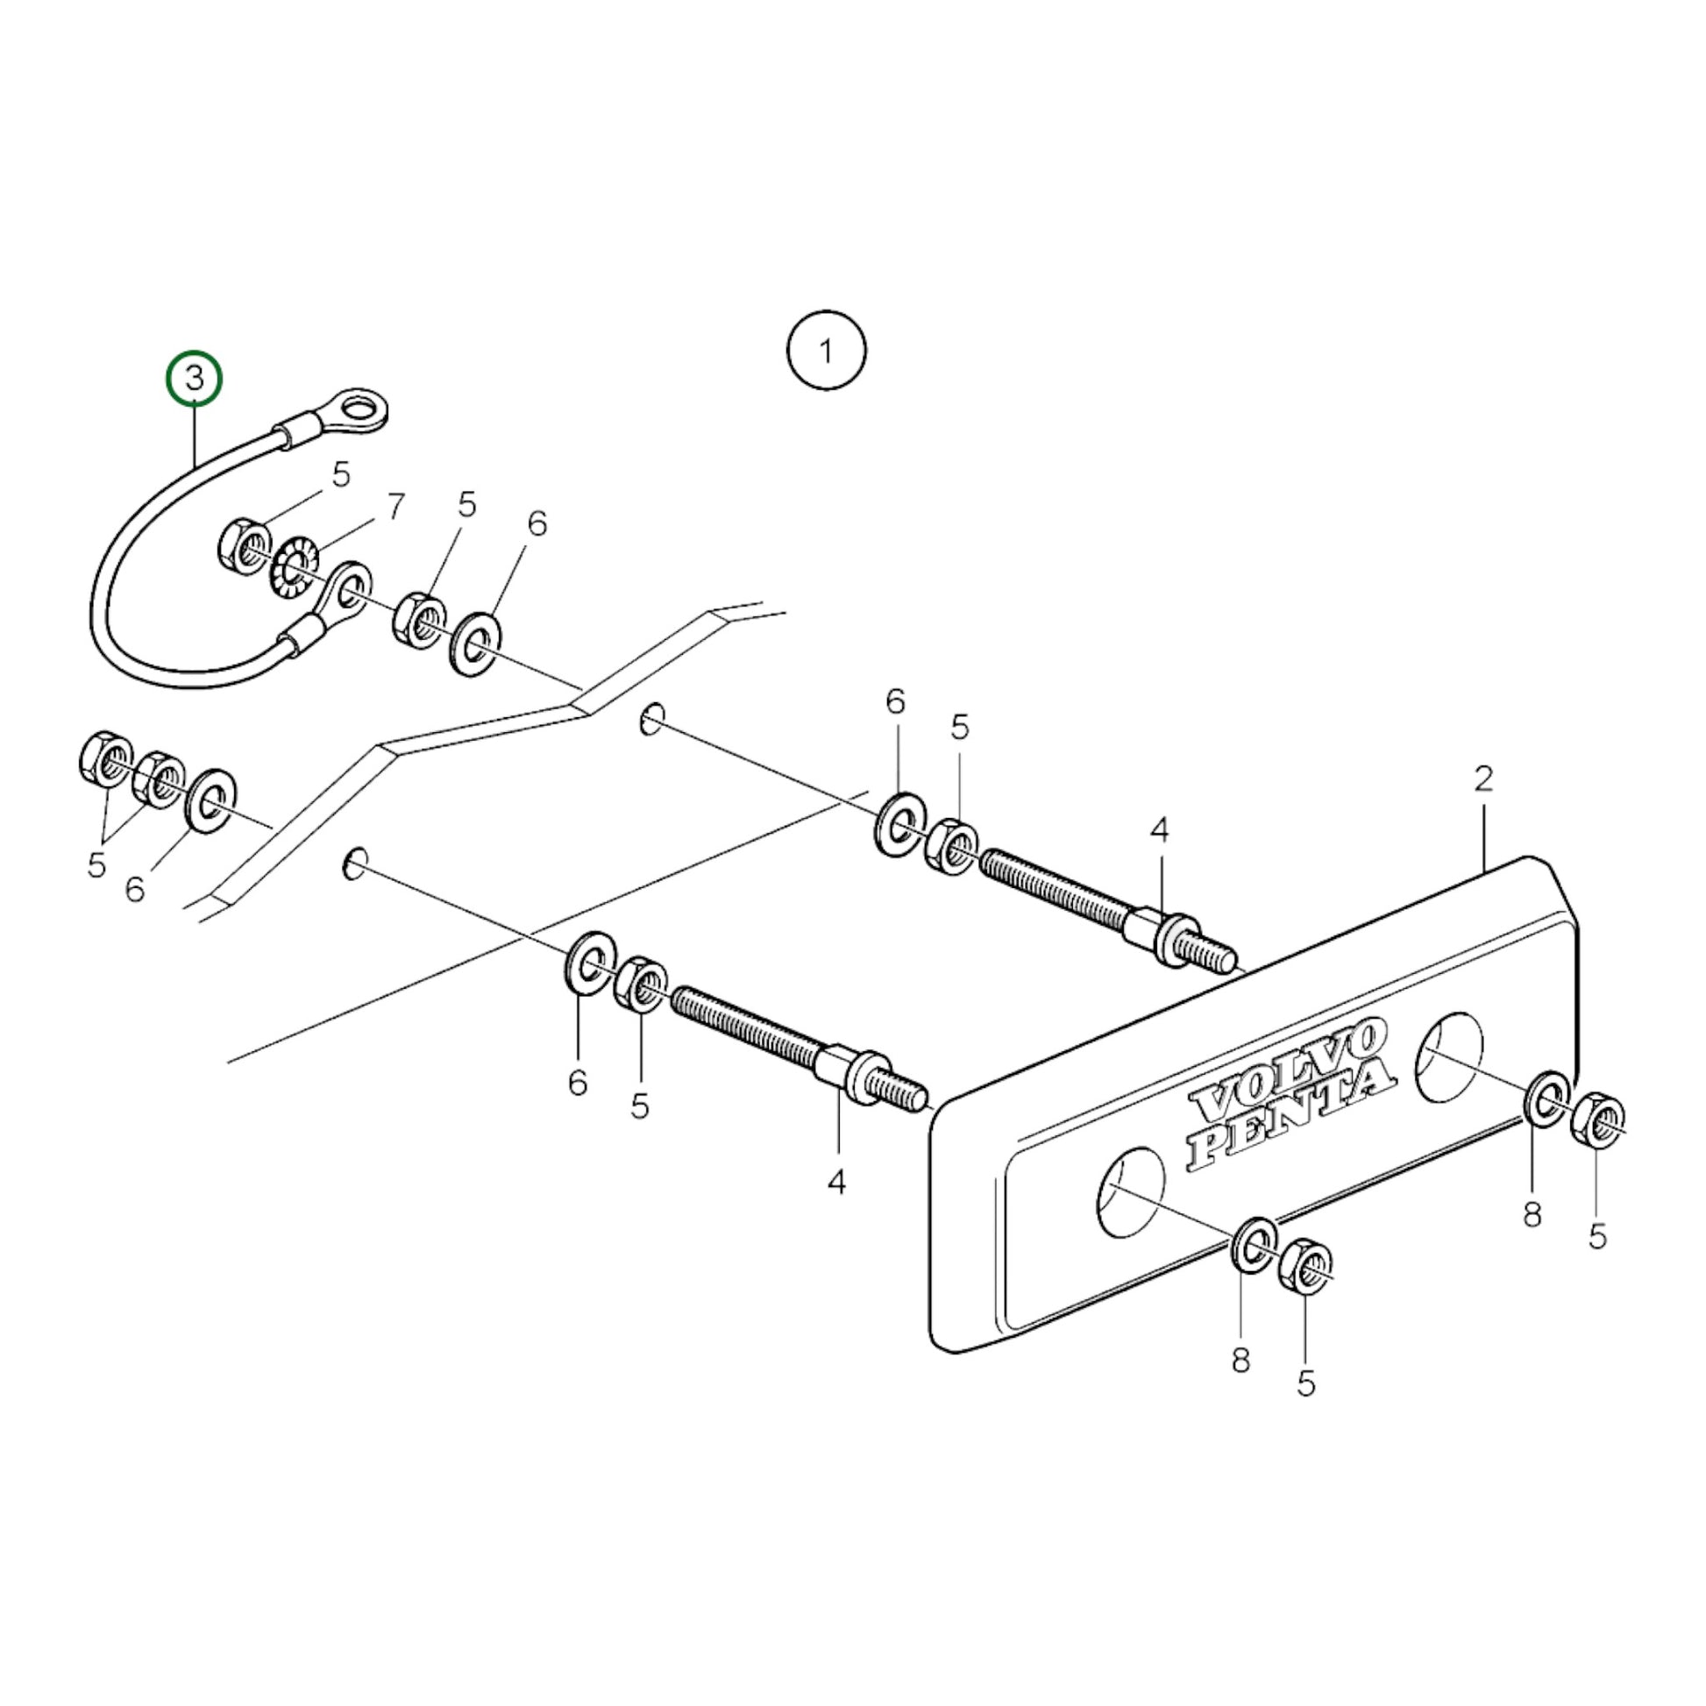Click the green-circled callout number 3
[x=195, y=378]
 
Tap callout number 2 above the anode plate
[x=1482, y=778]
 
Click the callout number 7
[x=395, y=506]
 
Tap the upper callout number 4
[x=1159, y=830]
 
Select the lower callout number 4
[x=836, y=1182]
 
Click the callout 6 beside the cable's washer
[x=537, y=523]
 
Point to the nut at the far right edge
[x=1599, y=1120]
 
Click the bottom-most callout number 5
[x=1306, y=1383]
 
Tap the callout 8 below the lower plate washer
[x=1240, y=1361]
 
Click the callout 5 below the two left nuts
[x=96, y=865]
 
